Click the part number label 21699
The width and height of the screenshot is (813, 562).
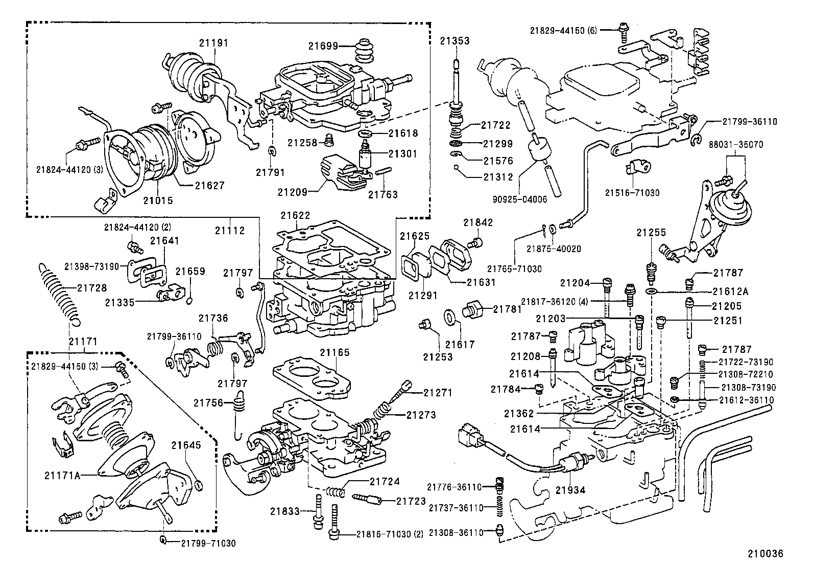(323, 46)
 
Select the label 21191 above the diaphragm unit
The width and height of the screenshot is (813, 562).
(213, 43)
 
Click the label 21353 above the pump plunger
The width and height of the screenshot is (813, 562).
(455, 41)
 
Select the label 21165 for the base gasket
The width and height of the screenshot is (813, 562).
(335, 352)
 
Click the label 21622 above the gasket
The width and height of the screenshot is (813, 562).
(295, 216)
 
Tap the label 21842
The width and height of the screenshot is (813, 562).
(478, 222)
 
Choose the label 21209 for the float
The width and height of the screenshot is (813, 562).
(292, 192)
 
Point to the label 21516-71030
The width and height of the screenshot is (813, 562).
(632, 193)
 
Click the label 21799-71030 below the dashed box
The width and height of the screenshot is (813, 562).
(208, 543)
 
